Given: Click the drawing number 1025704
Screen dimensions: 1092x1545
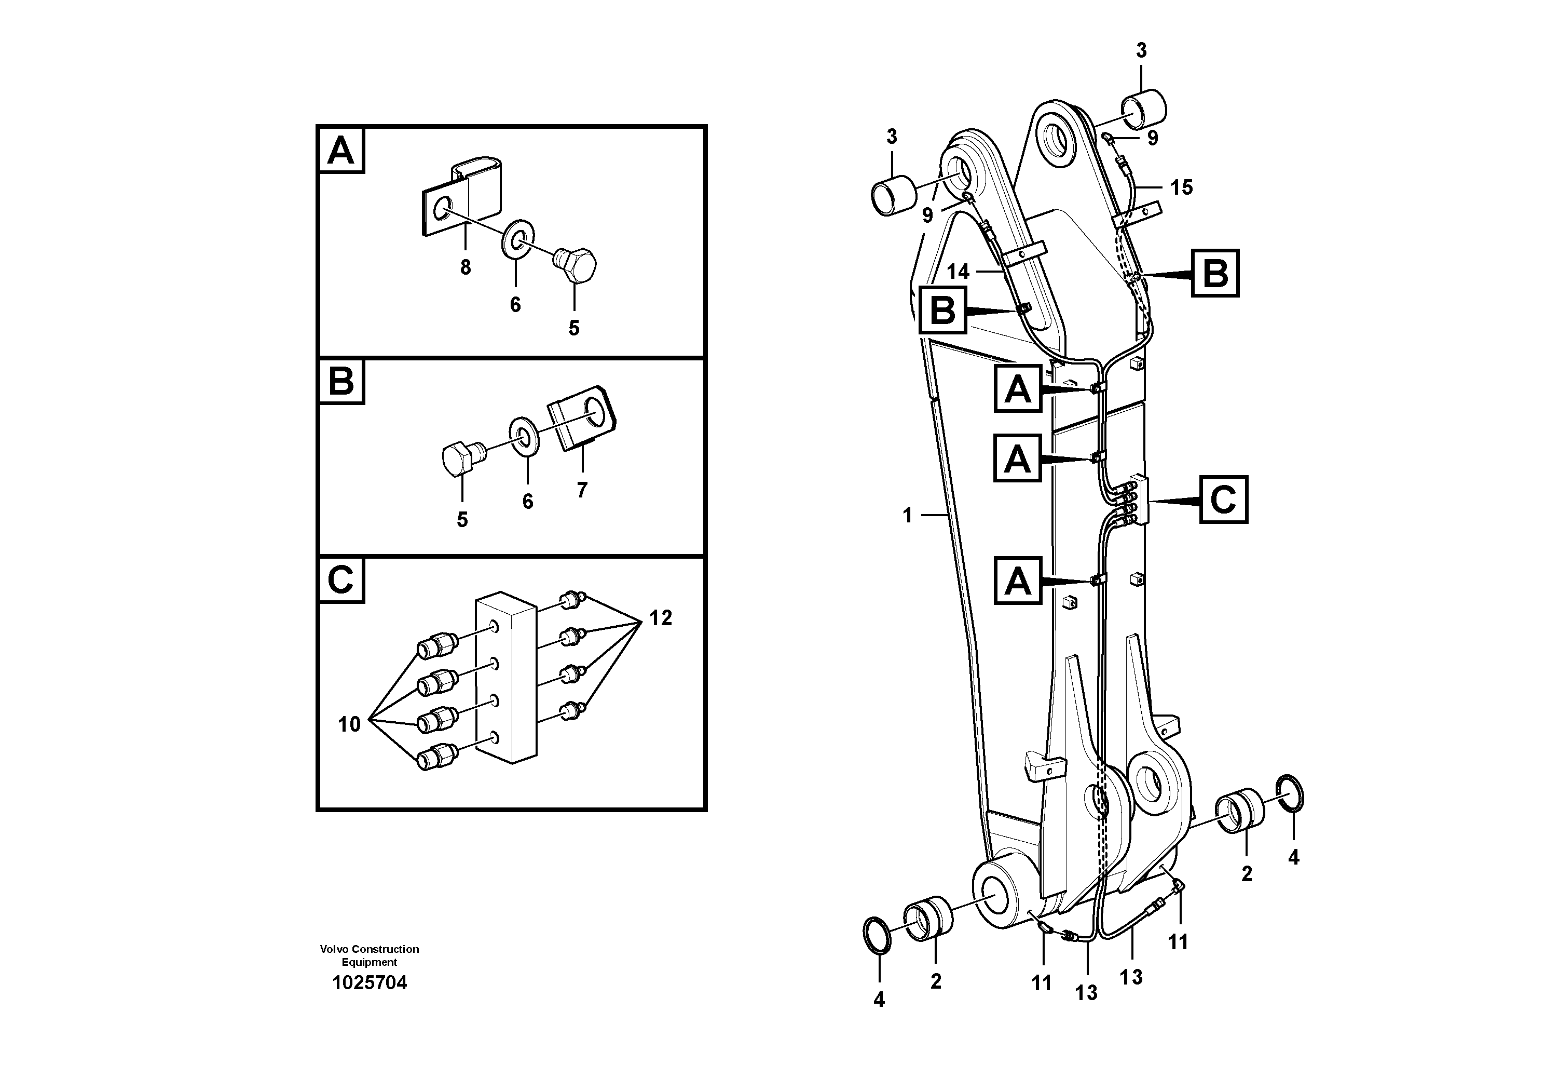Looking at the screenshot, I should [x=370, y=983].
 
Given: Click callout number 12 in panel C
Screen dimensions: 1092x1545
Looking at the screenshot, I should [x=660, y=618].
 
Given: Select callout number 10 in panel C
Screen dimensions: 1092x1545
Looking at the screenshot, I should [x=349, y=724].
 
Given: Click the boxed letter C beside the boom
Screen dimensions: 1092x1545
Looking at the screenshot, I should [x=1223, y=500].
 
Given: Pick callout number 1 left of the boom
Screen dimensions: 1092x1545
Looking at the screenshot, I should [x=907, y=516].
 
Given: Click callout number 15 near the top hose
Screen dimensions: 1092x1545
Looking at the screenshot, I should [x=1181, y=187].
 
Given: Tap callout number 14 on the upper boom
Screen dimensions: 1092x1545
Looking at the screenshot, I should [x=958, y=272].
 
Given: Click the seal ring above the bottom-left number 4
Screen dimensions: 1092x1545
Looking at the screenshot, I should [x=877, y=936].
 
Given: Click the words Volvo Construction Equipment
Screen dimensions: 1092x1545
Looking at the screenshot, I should [x=370, y=955].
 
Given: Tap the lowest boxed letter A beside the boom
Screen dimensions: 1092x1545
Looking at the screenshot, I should [x=1017, y=581].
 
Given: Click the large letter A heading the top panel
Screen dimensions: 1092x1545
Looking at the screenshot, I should [x=340, y=150].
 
